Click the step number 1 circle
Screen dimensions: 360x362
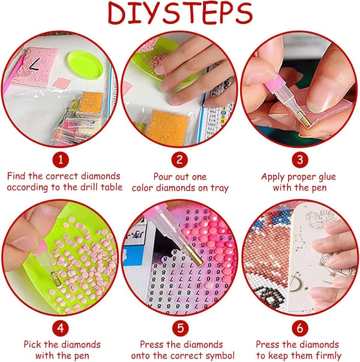coord(61,160)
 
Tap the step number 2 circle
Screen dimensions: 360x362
coord(179,160)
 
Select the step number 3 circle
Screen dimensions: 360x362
coord(300,160)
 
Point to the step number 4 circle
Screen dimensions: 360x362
coord(61,328)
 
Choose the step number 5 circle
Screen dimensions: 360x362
coord(181,328)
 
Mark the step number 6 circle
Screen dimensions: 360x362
coord(300,328)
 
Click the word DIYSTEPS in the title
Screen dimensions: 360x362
coord(180,13)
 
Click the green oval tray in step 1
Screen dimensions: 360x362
coord(86,65)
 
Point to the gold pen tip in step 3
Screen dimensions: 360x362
coord(304,119)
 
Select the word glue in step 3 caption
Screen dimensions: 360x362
coord(327,177)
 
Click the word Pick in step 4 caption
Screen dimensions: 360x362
coord(32,345)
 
